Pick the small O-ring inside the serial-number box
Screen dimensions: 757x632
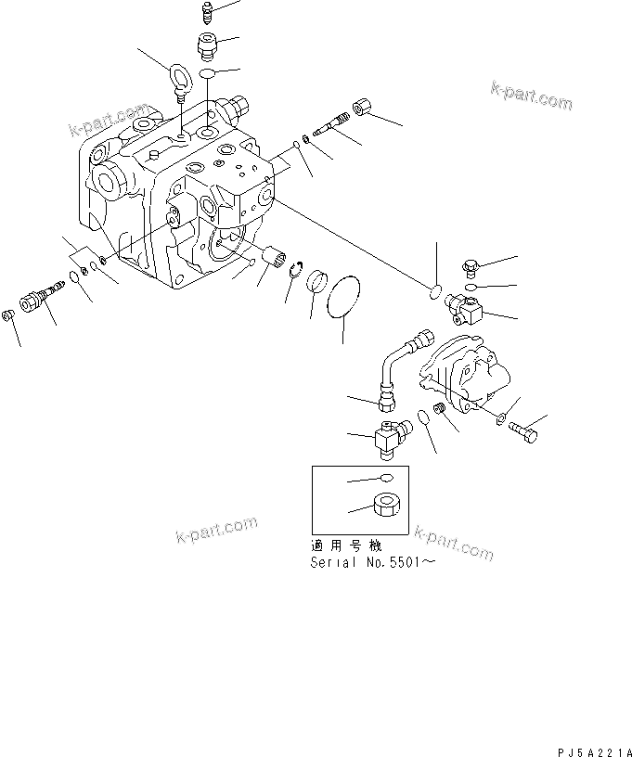[387, 480]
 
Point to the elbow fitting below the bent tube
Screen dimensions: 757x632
[389, 437]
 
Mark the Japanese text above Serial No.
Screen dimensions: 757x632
[345, 546]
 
